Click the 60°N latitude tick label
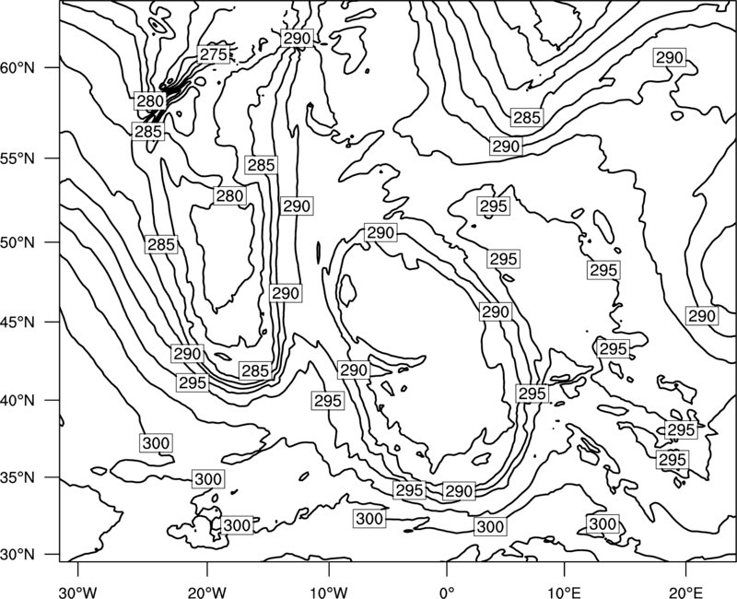tap(18, 68)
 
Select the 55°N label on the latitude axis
tap(18, 159)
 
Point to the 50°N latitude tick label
tap(18, 242)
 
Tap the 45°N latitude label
tap(18, 322)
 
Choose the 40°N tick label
tap(18, 401)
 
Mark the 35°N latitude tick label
tap(18, 477)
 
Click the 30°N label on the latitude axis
tap(18, 555)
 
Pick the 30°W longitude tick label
tap(78, 590)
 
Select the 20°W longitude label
tap(207, 590)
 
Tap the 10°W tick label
tap(329, 590)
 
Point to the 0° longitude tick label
tap(447, 590)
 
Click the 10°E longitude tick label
tap(564, 590)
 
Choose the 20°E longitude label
tap(685, 590)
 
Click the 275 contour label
tap(214, 54)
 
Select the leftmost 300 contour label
tap(156, 443)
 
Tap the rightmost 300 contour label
tap(602, 523)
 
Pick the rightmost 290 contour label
tap(702, 315)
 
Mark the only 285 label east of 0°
tap(527, 117)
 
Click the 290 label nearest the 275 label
tap(297, 38)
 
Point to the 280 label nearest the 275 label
tap(150, 100)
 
